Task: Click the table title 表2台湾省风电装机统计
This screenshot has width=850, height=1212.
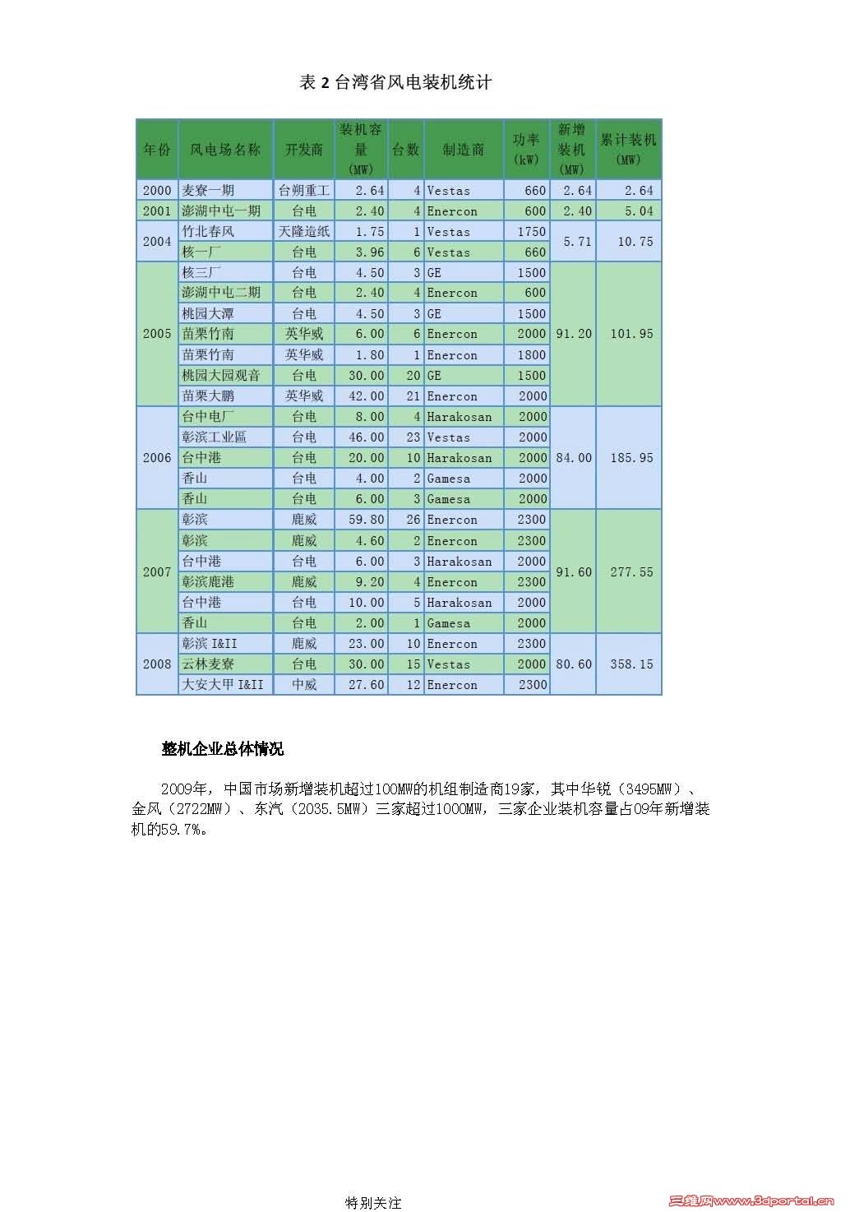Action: pyautogui.click(x=395, y=82)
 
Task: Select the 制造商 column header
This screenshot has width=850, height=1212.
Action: pyautogui.click(x=464, y=150)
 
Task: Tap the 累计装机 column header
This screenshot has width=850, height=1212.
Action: pyautogui.click(x=628, y=149)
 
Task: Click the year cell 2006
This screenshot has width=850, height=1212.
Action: pyautogui.click(x=157, y=458)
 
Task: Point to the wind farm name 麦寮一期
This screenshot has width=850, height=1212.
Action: pyautogui.click(x=208, y=191)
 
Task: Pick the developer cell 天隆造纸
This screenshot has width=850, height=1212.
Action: pyautogui.click(x=303, y=232)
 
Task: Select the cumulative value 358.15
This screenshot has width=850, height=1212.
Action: pyautogui.click(x=631, y=664)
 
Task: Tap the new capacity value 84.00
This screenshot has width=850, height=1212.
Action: pyautogui.click(x=573, y=458)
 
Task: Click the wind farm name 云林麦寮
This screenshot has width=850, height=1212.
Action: pyautogui.click(x=208, y=664)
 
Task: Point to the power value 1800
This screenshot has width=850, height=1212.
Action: pyautogui.click(x=532, y=355)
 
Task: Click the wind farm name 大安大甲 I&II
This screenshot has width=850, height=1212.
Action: pyautogui.click(x=223, y=685)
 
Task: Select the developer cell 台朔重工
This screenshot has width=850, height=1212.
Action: pyautogui.click(x=303, y=191)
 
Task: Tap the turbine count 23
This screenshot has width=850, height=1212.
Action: pyautogui.click(x=413, y=437)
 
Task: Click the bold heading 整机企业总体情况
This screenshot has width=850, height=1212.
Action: pyautogui.click(x=223, y=749)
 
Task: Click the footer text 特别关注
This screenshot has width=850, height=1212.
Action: pyautogui.click(x=373, y=1203)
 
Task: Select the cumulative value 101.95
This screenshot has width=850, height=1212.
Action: pyautogui.click(x=631, y=334)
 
